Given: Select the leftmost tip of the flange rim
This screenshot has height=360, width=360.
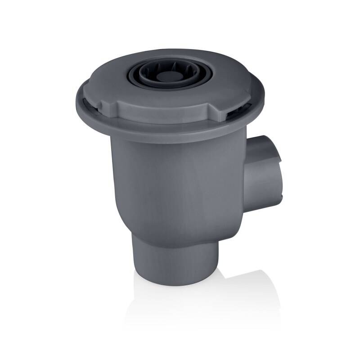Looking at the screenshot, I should (x=76, y=102).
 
